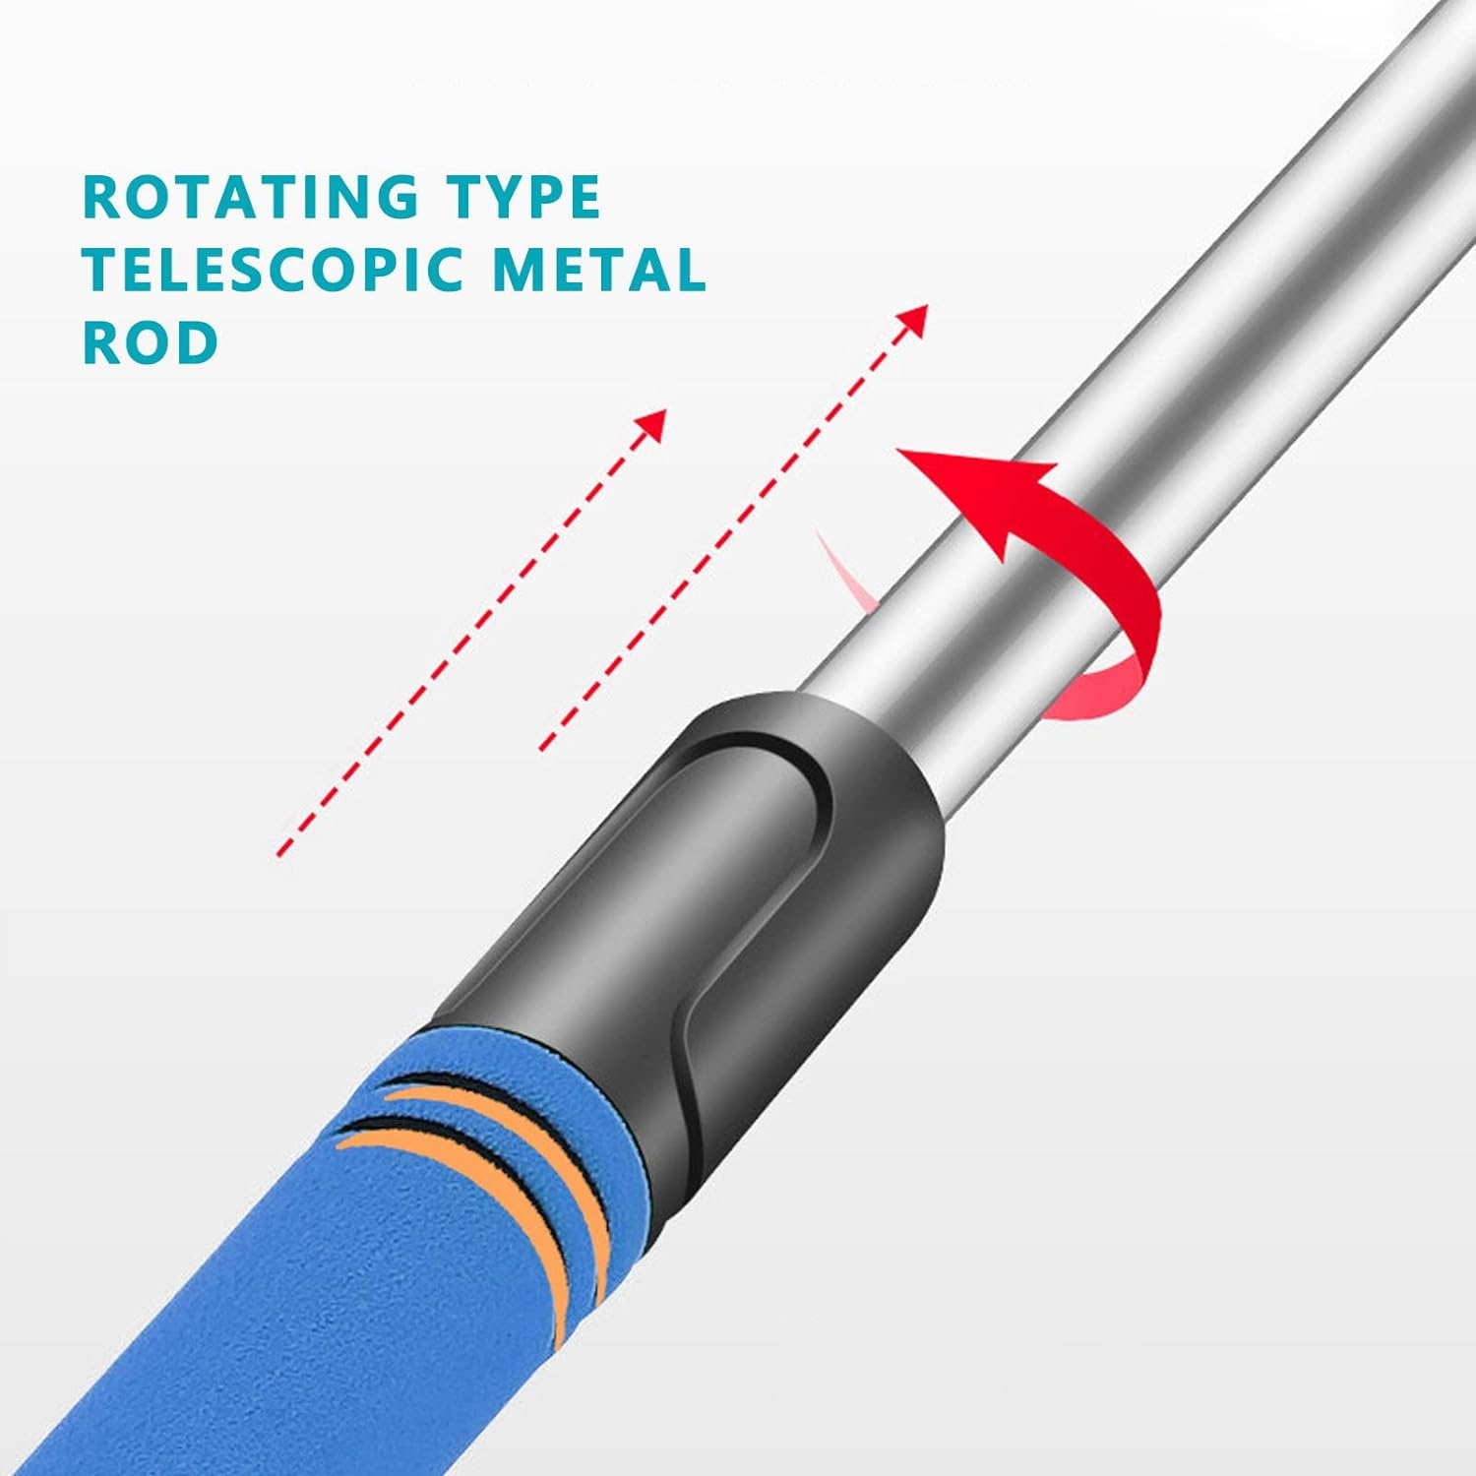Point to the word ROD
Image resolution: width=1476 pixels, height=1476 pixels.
[x=151, y=342]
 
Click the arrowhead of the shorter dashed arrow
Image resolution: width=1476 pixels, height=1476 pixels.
[x=651, y=423]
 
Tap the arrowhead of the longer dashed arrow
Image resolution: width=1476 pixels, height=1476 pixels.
[x=915, y=319]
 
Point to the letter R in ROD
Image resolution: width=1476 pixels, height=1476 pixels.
[x=102, y=342]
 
